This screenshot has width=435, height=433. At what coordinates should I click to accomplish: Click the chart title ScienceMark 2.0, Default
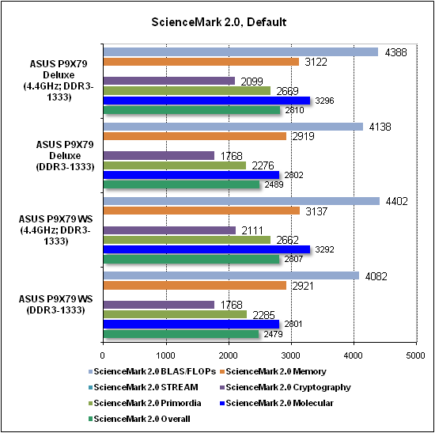pyautogui.click(x=218, y=22)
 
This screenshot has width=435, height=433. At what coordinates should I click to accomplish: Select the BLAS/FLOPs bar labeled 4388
pyautogui.click(x=240, y=51)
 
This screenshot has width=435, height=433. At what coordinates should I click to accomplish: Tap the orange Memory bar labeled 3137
pyautogui.click(x=202, y=211)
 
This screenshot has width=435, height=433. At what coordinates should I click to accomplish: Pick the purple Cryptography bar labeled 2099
pyautogui.click(x=169, y=81)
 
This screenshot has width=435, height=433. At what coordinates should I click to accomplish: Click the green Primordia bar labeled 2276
pyautogui.click(x=175, y=165)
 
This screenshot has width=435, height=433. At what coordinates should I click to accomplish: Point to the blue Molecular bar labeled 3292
pyautogui.click(x=206, y=249)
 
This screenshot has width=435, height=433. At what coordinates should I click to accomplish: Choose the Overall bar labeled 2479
pyautogui.click(x=181, y=334)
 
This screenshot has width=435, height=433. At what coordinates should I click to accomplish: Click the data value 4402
pyautogui.click(x=397, y=201)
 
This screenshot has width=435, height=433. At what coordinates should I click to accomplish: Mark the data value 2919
pyautogui.click(x=303, y=136)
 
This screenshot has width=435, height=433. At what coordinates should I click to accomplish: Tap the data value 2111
pyautogui.click(x=252, y=230)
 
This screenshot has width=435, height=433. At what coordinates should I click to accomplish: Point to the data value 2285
pyautogui.click(x=263, y=315)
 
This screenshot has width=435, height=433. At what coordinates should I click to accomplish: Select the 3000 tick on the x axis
pyautogui.click(x=291, y=355)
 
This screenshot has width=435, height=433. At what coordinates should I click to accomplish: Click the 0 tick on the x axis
pyautogui.click(x=103, y=355)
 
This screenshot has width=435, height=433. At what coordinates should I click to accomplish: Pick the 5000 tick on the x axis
pyautogui.click(x=415, y=355)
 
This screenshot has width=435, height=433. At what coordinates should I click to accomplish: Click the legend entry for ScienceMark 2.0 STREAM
pyautogui.click(x=143, y=387)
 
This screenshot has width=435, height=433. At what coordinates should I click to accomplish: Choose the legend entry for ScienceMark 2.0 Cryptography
pyautogui.click(x=286, y=387)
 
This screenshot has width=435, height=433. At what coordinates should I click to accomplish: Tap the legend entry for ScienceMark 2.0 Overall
pyautogui.click(x=139, y=419)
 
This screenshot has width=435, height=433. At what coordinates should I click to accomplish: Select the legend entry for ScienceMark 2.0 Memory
pyautogui.click(x=274, y=371)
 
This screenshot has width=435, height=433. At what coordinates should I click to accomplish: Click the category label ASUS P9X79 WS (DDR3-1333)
pyautogui.click(x=56, y=305)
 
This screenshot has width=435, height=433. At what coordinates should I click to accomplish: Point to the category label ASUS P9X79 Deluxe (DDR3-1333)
pyautogui.click(x=65, y=155)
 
